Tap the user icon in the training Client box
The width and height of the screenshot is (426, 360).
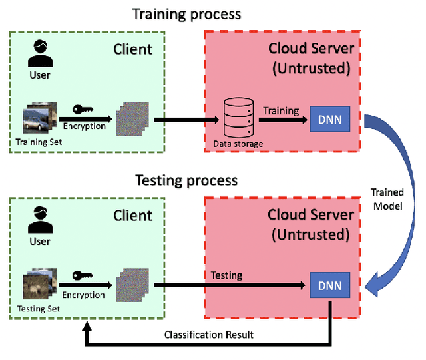pyautogui.click(x=40, y=55)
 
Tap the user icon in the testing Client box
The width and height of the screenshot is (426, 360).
pyautogui.click(x=40, y=222)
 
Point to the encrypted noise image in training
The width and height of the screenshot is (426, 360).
pyautogui.click(x=130, y=121)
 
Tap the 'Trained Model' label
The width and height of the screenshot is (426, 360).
pyautogui.click(x=387, y=198)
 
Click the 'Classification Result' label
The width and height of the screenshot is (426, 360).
pyautogui.click(x=208, y=334)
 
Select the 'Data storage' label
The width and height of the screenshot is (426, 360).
pyautogui.click(x=238, y=143)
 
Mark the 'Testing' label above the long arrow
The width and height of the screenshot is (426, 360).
pyautogui.click(x=226, y=275)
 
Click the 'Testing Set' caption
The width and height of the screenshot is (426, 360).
pyautogui.click(x=39, y=309)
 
